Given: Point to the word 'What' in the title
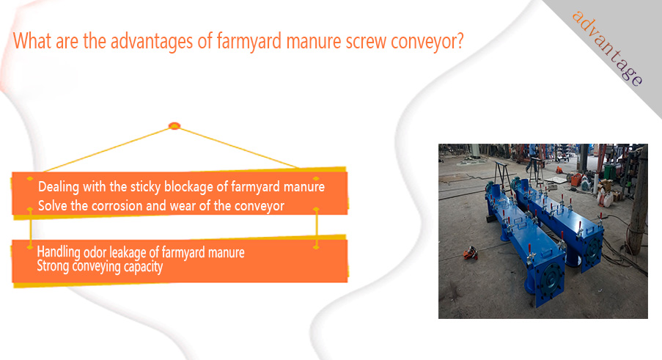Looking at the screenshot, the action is click(32, 41).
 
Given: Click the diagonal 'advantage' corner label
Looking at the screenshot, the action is click(607, 48).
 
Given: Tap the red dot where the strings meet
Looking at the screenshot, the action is click(174, 126).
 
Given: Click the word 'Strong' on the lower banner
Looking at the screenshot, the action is click(53, 266).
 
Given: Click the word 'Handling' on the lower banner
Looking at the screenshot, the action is click(58, 252).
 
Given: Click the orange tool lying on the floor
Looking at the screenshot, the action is click(471, 254).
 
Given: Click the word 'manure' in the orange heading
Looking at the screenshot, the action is click(313, 42).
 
